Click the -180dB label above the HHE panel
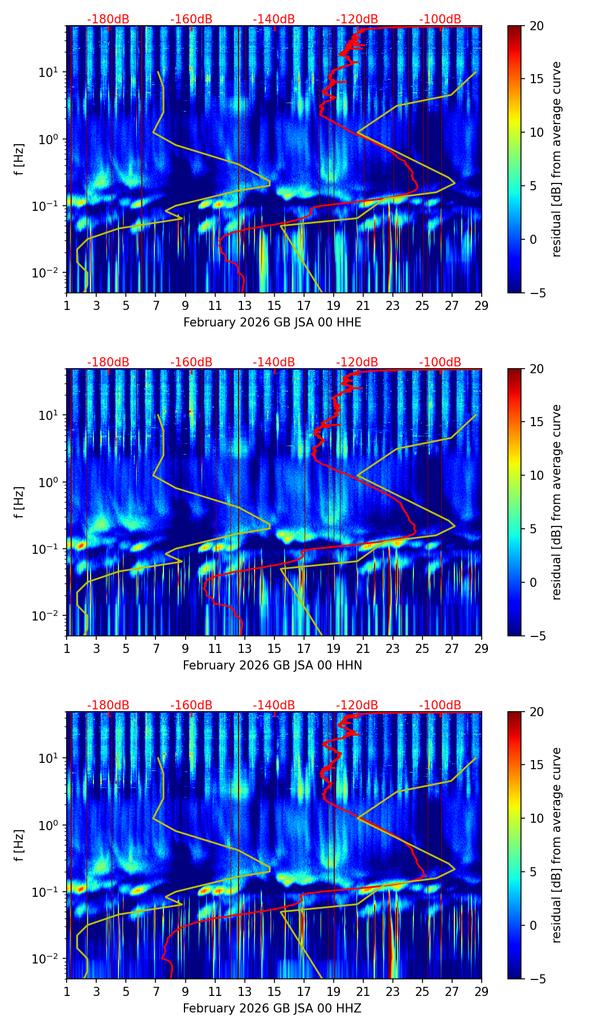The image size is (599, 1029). [108, 19]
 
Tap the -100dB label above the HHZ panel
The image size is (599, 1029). [440, 705]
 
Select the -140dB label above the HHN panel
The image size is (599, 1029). [274, 362]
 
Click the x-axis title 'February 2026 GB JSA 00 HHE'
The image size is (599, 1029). [272, 322]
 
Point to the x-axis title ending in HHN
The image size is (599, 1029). [272, 665]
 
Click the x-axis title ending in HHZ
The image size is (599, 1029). [272, 1008]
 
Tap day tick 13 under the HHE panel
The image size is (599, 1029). [244, 305]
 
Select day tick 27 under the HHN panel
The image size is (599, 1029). [452, 648]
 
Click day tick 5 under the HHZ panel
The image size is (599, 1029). [126, 991]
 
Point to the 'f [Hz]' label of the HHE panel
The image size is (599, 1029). [19, 160]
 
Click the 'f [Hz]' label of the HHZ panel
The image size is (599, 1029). [19, 846]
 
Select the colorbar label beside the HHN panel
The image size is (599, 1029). [557, 502]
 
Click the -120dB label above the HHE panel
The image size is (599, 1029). [357, 19]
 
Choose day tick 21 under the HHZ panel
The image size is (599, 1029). [363, 991]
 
